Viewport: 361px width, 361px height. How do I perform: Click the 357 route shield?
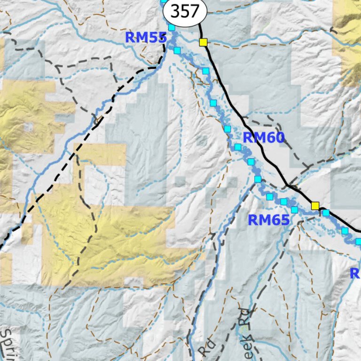point(185,11)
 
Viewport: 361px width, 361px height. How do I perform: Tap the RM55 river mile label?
point(146,38)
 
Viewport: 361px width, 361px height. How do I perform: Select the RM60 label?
point(264,138)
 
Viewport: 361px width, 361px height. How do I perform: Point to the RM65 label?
point(268,220)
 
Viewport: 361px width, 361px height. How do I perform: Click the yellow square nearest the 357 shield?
point(203,42)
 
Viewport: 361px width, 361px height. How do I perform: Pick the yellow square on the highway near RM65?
point(315,205)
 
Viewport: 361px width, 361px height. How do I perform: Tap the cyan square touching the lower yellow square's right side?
point(326,213)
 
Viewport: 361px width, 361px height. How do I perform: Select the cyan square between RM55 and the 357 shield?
point(172,28)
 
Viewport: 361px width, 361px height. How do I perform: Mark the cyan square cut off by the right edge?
point(358,242)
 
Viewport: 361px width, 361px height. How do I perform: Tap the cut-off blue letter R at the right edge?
point(355,273)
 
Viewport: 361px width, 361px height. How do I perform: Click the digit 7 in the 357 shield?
point(195,11)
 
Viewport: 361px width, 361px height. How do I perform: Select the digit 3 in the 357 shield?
point(175,11)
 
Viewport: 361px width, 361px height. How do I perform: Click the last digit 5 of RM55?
point(162,38)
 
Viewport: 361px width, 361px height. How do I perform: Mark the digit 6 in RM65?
point(275,220)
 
